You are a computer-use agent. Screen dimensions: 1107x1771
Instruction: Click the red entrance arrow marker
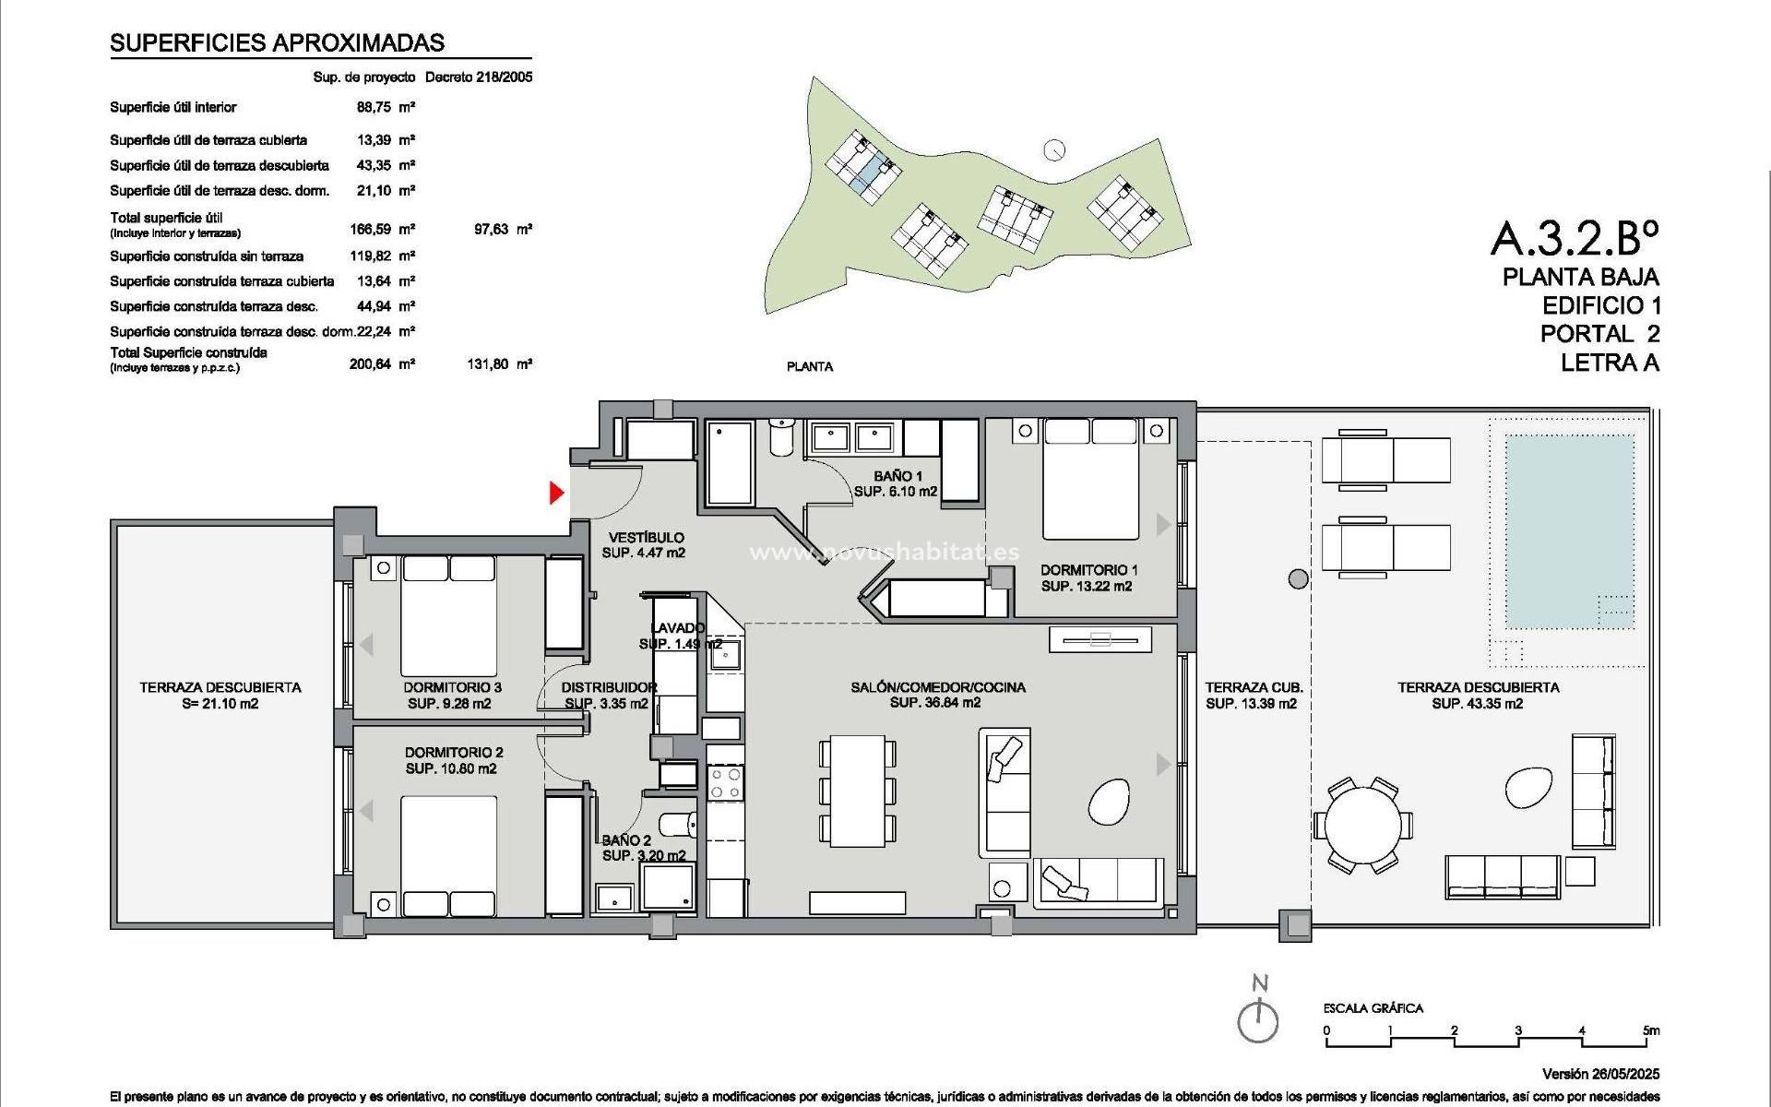[x=556, y=493]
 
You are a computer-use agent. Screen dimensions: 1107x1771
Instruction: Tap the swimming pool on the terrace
[x=1569, y=530]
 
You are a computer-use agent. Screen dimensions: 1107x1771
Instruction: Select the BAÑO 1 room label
[x=897, y=476]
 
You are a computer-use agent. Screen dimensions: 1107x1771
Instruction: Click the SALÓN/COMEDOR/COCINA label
[x=937, y=687]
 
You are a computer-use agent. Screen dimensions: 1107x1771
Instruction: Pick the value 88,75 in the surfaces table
[x=373, y=108]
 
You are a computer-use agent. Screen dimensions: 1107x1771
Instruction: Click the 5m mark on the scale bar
[x=1650, y=1030]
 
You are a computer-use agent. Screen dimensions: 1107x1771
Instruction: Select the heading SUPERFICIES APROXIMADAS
[x=277, y=42]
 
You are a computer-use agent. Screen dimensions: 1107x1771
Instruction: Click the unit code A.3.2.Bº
[x=1575, y=238]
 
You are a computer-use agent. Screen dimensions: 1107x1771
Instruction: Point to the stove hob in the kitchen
[x=725, y=782]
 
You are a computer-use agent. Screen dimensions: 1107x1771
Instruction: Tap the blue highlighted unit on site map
[x=863, y=176]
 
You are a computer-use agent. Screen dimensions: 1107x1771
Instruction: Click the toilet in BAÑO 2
[x=679, y=823]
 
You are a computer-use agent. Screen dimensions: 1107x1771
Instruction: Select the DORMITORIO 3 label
[x=452, y=687]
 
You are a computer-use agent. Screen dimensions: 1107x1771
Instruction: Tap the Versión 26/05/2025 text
[x=1600, y=1074]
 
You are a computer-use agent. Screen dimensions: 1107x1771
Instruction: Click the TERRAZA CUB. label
[x=1254, y=687]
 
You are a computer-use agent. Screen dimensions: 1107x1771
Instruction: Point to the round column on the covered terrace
[x=1298, y=579]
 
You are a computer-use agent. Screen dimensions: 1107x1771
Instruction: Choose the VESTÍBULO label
[x=646, y=537]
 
